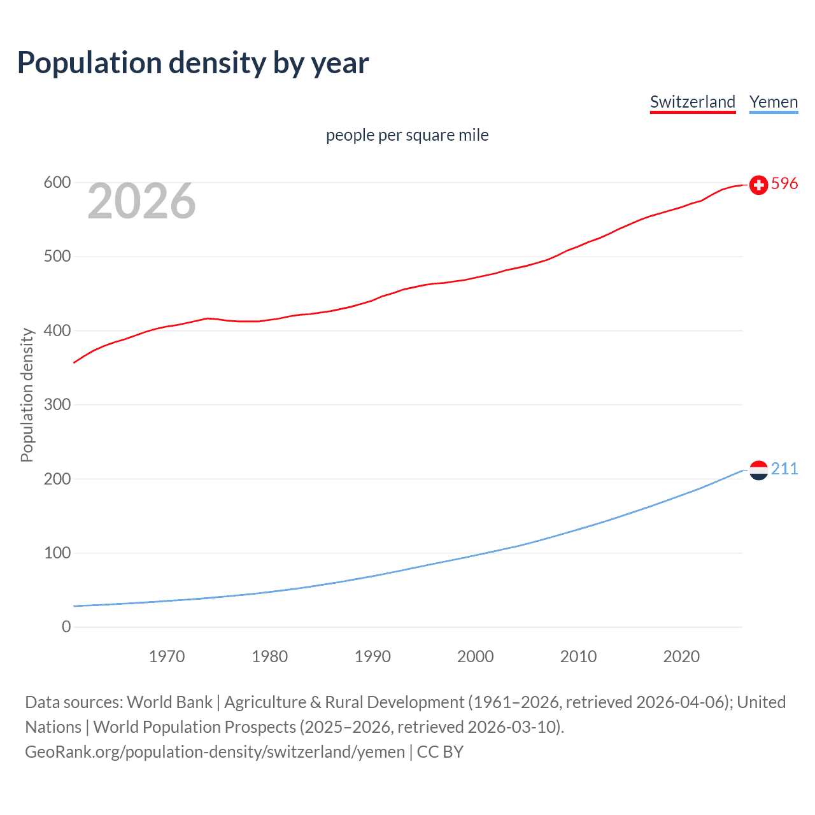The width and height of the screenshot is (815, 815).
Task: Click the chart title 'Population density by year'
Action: (x=193, y=63)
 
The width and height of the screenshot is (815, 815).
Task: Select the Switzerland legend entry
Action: (x=692, y=102)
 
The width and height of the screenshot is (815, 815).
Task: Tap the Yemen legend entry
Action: (x=773, y=102)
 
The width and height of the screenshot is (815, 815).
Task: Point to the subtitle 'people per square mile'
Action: (x=407, y=135)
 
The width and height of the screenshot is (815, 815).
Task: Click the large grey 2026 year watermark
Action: (x=141, y=201)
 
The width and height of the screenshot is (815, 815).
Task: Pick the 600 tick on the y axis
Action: (x=57, y=183)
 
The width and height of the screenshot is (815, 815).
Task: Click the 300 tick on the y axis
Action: (x=57, y=405)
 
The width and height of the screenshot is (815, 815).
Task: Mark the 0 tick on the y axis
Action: (x=66, y=627)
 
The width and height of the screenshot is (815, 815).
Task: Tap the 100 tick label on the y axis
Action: (x=57, y=553)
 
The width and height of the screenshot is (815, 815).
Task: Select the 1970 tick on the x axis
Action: (x=167, y=656)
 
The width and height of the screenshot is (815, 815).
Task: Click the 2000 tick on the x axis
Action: (x=475, y=656)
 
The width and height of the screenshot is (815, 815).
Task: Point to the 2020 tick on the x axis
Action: (x=681, y=656)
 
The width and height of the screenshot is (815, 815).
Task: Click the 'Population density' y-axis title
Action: (x=27, y=395)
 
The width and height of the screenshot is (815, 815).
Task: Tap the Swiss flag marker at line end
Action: (x=758, y=185)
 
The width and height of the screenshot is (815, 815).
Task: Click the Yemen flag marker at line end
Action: (x=758, y=470)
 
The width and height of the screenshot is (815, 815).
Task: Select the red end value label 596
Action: (x=784, y=184)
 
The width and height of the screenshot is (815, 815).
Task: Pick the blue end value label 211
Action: (x=784, y=469)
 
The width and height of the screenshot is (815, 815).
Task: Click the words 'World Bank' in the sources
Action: (x=169, y=702)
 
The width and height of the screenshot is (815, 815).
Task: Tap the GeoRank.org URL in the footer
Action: (x=215, y=752)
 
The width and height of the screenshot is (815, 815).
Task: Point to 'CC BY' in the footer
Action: (x=440, y=752)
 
